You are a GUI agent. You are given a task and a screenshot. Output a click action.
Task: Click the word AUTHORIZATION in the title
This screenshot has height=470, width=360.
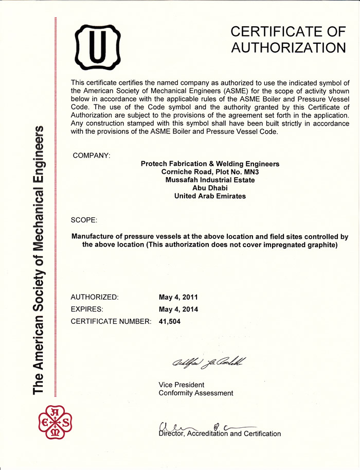(x=288, y=48)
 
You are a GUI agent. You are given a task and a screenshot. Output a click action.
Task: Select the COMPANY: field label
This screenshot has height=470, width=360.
(x=92, y=155)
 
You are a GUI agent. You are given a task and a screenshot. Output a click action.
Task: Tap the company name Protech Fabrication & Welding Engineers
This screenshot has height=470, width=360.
(x=210, y=164)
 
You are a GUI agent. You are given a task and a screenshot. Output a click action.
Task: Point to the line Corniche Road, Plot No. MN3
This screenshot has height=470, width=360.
(x=210, y=172)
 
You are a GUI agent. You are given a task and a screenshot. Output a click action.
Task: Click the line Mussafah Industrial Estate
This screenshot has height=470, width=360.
(x=210, y=180)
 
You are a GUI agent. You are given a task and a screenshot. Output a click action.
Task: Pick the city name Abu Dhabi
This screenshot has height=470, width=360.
(x=210, y=188)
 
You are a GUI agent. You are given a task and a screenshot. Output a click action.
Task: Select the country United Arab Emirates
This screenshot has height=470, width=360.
(x=210, y=196)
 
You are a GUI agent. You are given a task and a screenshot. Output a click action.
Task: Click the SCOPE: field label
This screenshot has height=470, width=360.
(x=84, y=220)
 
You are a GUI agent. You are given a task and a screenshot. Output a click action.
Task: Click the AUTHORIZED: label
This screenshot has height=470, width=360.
(x=95, y=297)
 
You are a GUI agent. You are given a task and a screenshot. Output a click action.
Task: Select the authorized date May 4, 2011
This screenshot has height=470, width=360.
(x=178, y=297)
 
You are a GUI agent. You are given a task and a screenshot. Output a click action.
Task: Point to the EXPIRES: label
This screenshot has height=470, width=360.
(x=87, y=309)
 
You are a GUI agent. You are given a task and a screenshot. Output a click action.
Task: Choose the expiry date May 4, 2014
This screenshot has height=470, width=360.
(x=178, y=309)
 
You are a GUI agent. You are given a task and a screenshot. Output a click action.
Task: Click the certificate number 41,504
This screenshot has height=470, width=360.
(x=170, y=322)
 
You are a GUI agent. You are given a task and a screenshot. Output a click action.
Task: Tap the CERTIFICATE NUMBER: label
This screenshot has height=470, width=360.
(x=111, y=322)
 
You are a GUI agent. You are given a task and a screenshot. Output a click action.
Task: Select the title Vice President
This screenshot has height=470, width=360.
(x=182, y=385)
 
